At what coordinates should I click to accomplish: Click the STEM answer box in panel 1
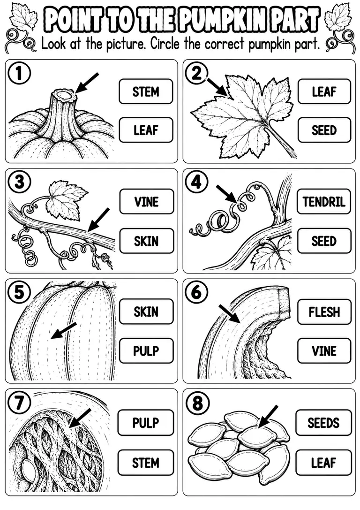(x=146, y=91)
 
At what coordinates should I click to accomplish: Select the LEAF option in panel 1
(x=146, y=130)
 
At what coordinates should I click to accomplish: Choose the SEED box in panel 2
(x=324, y=130)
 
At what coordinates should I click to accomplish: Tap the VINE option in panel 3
(x=147, y=202)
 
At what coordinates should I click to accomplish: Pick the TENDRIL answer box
(x=324, y=202)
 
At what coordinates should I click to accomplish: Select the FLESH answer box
(x=324, y=312)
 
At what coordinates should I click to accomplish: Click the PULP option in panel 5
(x=146, y=351)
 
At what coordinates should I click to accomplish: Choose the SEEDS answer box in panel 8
(x=323, y=423)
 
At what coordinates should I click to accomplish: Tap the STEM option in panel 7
(x=146, y=463)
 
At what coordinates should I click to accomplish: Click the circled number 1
(x=19, y=73)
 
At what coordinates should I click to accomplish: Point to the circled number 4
(x=196, y=183)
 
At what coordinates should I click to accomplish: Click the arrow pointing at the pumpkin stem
(x=86, y=83)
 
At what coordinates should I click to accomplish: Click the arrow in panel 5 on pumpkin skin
(x=64, y=331)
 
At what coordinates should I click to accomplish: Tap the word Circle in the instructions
(x=165, y=44)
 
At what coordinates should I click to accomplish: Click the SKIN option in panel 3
(x=147, y=241)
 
